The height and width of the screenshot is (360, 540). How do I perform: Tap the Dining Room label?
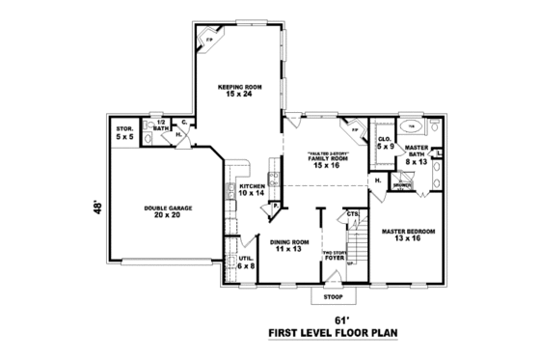(289, 244)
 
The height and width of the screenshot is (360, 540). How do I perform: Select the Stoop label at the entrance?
(333, 297)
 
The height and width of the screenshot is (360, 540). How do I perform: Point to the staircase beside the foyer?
(357, 246)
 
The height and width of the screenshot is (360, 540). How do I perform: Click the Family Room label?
(328, 160)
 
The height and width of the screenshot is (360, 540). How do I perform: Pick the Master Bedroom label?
(409, 235)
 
